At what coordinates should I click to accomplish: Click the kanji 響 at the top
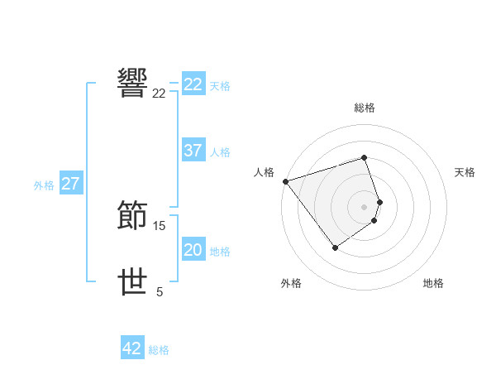tap(134, 83)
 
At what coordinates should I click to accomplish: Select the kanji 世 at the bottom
tap(134, 282)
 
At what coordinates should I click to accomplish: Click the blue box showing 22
tap(193, 84)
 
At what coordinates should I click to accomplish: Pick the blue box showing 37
tap(193, 151)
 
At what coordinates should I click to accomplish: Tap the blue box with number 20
tap(193, 250)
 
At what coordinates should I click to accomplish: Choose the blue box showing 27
tap(71, 184)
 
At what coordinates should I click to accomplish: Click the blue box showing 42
tap(132, 348)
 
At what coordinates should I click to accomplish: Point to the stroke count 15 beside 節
tap(160, 225)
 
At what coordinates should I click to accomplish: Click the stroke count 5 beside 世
tap(160, 291)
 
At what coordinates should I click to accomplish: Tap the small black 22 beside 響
tap(160, 93)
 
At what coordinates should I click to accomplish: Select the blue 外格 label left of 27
tap(44, 185)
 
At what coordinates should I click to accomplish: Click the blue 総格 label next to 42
tap(159, 350)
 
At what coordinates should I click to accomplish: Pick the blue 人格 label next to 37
tap(220, 152)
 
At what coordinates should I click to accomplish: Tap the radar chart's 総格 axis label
tap(365, 108)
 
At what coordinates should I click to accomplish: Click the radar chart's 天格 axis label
tap(465, 172)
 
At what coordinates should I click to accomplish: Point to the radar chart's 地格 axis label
tap(433, 283)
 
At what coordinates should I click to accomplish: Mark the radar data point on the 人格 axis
tap(285, 180)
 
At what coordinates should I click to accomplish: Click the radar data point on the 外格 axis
tap(335, 247)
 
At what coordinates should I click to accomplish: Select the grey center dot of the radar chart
tap(365, 206)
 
